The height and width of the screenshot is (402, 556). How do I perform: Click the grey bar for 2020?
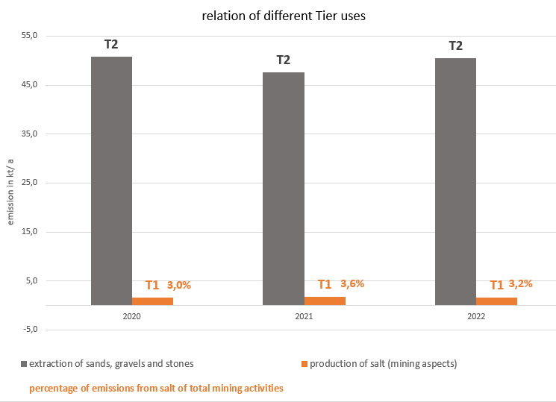coord(111,180)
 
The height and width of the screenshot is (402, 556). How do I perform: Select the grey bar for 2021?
coord(284,188)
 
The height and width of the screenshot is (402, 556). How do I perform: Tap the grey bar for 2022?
coord(455,181)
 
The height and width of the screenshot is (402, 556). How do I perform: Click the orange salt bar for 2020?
coord(152,301)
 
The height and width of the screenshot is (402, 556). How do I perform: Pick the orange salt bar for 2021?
coord(325,301)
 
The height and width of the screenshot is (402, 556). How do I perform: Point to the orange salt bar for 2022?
coord(496,301)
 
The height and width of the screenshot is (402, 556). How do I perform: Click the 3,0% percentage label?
coord(179,285)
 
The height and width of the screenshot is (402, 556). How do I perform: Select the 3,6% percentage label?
coord(352,283)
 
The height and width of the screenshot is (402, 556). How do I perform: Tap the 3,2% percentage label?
coord(521,283)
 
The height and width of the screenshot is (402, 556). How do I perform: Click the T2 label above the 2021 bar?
coord(284,60)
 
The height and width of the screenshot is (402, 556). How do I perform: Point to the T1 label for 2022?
coord(496,285)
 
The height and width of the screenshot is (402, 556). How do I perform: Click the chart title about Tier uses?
coord(284,16)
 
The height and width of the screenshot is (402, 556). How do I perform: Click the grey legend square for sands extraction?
coord(25,364)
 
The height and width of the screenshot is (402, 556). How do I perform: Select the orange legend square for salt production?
coord(304,364)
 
